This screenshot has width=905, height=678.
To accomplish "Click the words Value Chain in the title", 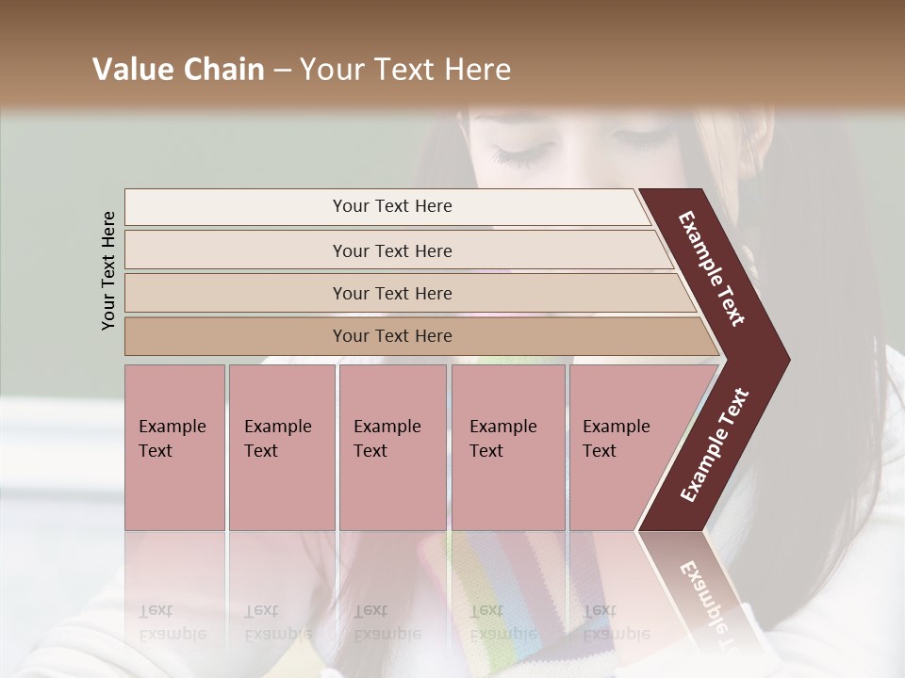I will [x=178, y=70].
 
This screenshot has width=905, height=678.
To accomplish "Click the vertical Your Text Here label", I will [x=108, y=270].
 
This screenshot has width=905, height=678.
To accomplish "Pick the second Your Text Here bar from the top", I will [x=392, y=250].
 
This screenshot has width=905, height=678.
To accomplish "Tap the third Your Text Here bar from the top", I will [x=392, y=293].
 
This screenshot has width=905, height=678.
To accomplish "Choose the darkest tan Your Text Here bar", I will [x=392, y=336].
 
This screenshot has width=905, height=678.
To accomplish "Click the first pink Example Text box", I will [x=174, y=447].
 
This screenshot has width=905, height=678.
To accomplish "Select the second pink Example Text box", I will [x=281, y=447].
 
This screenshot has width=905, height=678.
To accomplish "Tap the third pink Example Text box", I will [x=392, y=447].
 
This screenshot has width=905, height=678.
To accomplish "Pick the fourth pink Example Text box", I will [x=508, y=447].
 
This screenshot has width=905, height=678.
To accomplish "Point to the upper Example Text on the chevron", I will [x=712, y=268].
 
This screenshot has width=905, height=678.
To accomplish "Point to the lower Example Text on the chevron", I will [x=715, y=445].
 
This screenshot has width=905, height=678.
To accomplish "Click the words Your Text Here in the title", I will [x=405, y=70].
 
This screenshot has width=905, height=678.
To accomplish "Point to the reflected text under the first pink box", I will [x=173, y=621].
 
